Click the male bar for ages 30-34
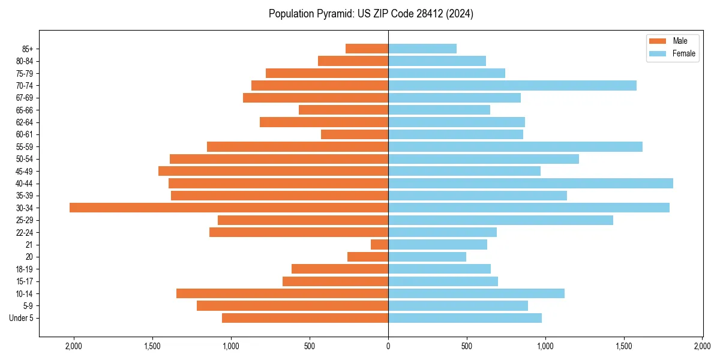pyautogui.click(x=229, y=208)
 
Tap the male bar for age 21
pyautogui.click(x=379, y=244)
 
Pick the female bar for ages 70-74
pyautogui.click(x=512, y=85)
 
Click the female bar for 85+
pyautogui.click(x=422, y=49)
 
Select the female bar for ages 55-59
pyautogui.click(x=515, y=146)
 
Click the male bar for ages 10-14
pyautogui.click(x=282, y=293)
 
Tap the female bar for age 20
pyautogui.click(x=427, y=257)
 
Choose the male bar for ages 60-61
pyautogui.click(x=355, y=134)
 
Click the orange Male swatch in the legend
pyautogui.click(x=658, y=41)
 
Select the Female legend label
pyautogui.click(x=684, y=53)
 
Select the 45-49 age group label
pyautogui.click(x=25, y=171)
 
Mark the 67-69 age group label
pyautogui.click(x=25, y=98)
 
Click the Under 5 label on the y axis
pyautogui.click(x=21, y=318)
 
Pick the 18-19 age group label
pyautogui.click(x=25, y=269)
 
